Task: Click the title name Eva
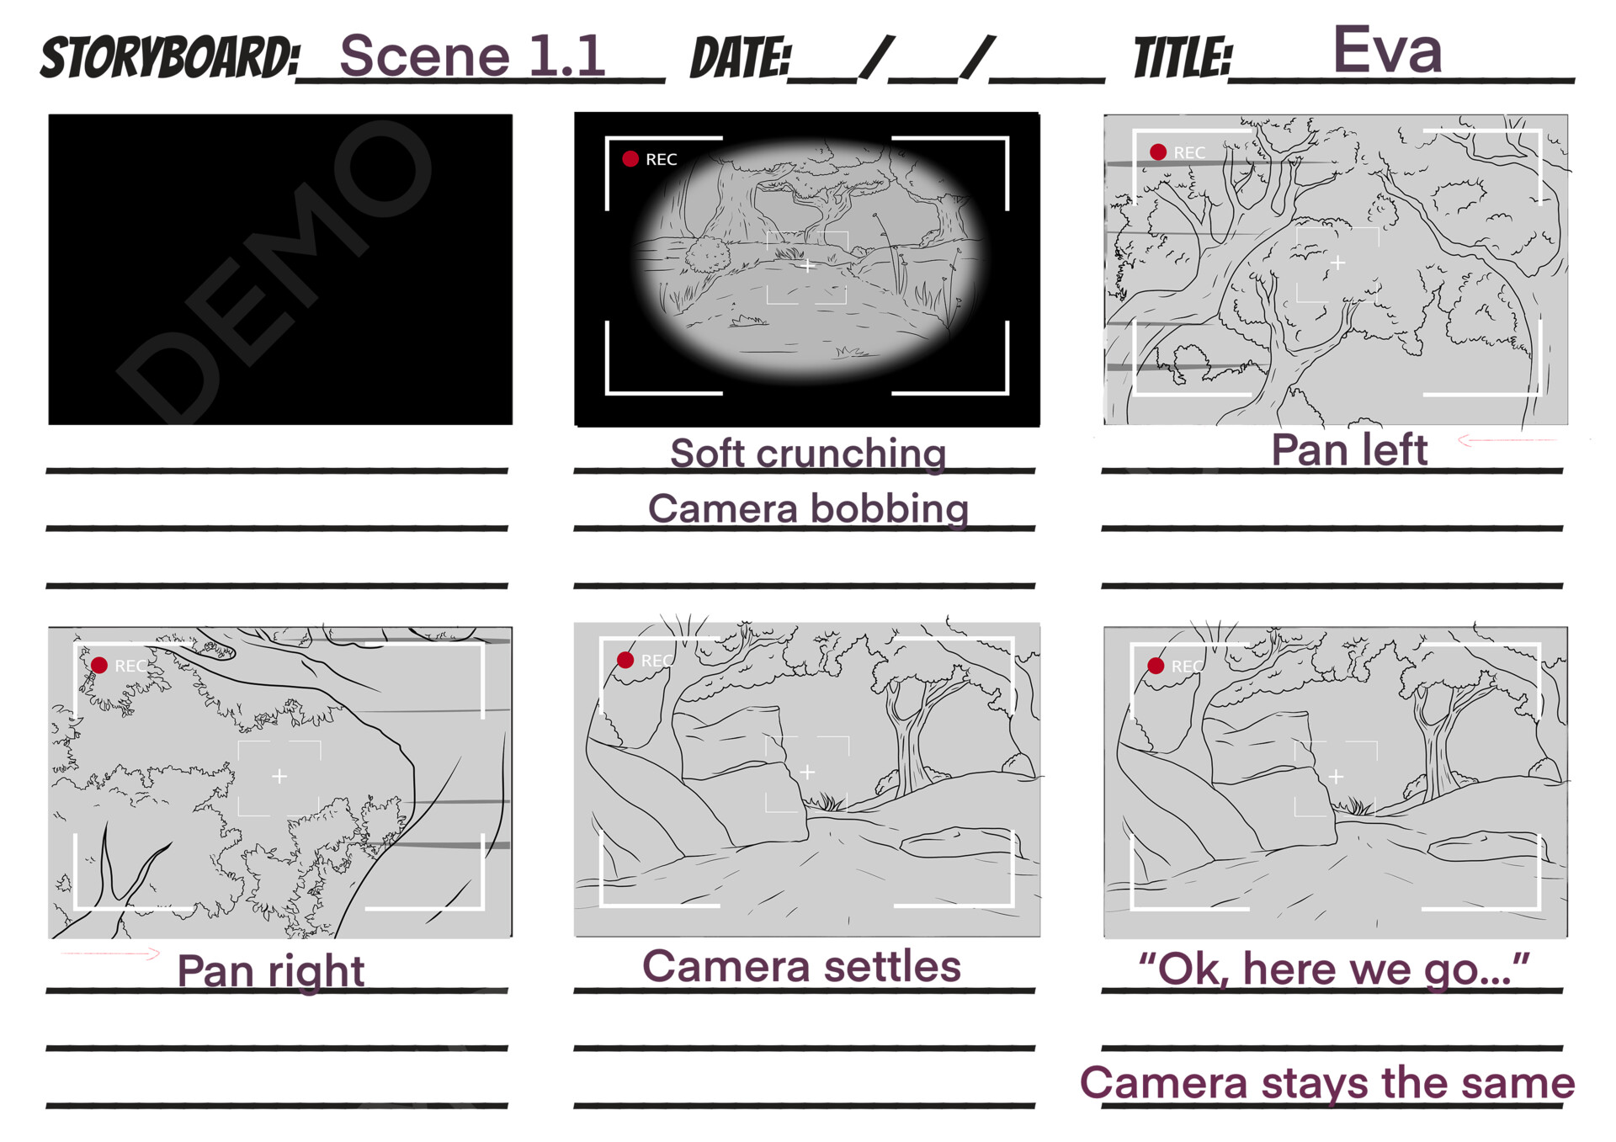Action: pos(1386,50)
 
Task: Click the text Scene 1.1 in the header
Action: pos(472,56)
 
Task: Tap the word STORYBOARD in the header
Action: pos(169,58)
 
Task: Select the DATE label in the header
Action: pos(740,59)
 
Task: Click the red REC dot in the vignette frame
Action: pos(630,158)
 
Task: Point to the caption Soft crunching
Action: pos(807,454)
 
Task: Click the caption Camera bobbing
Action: pos(807,509)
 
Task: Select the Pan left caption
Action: pos(1348,450)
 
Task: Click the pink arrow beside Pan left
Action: pos(1507,439)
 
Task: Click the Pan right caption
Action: pos(270,971)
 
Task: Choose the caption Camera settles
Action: pos(800,966)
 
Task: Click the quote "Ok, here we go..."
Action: pos(1333,969)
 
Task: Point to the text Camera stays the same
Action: pos(1326,1083)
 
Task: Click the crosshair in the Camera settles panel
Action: pos(806,772)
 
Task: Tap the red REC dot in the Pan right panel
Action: pos(99,665)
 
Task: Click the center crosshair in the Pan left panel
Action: pos(1337,263)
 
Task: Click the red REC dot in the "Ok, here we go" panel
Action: pos(1156,666)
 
